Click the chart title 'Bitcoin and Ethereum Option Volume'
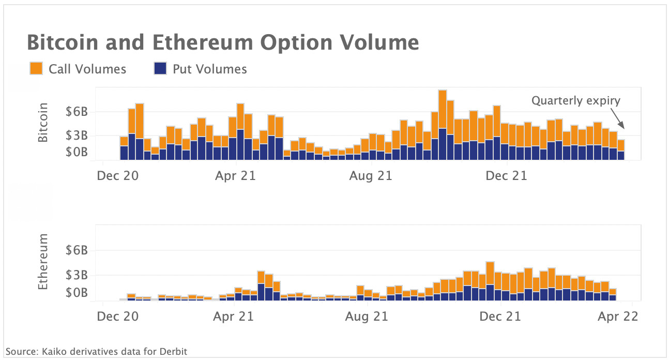point(222,42)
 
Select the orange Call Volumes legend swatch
point(36,69)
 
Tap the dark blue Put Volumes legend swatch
point(160,69)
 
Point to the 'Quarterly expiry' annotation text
point(575,101)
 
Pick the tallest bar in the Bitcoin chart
point(442,124)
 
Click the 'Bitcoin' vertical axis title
point(43,123)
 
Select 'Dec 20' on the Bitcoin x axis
point(117,176)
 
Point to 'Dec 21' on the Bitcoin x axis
point(507,176)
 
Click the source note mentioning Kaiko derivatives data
point(96,352)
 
